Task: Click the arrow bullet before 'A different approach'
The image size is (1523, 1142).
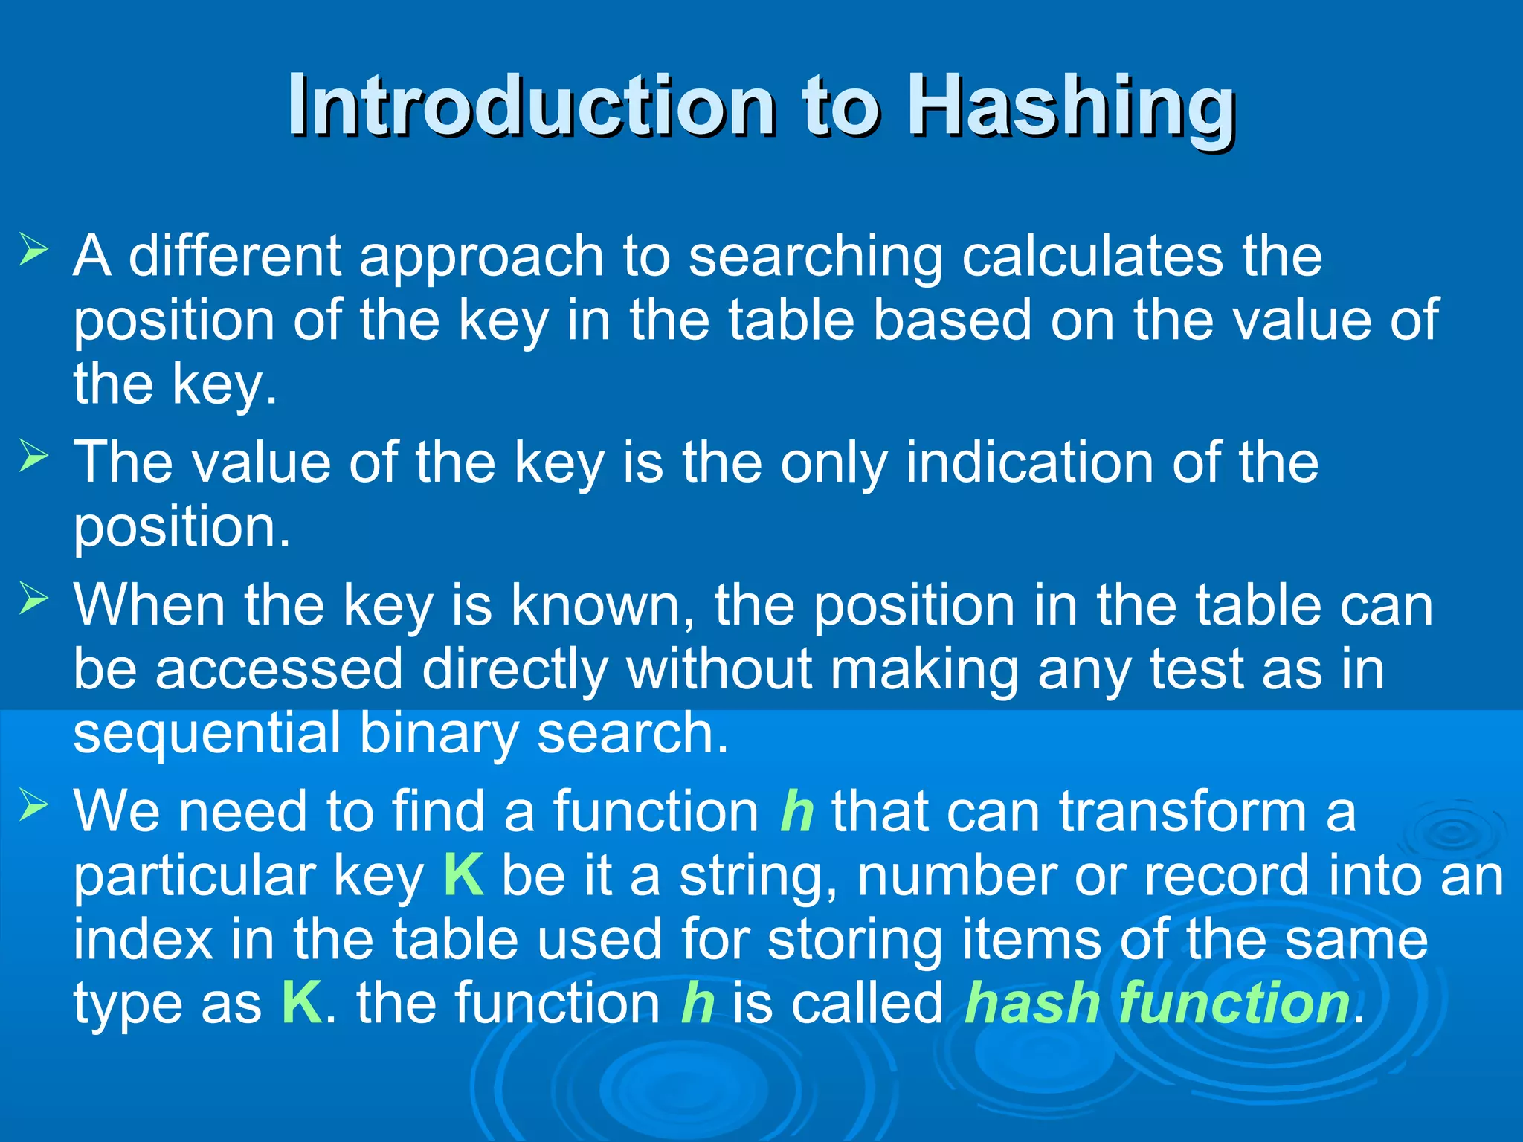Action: (33, 249)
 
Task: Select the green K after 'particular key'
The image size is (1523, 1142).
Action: (463, 875)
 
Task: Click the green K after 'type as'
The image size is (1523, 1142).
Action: (301, 1003)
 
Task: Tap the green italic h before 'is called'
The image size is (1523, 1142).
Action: (698, 1003)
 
